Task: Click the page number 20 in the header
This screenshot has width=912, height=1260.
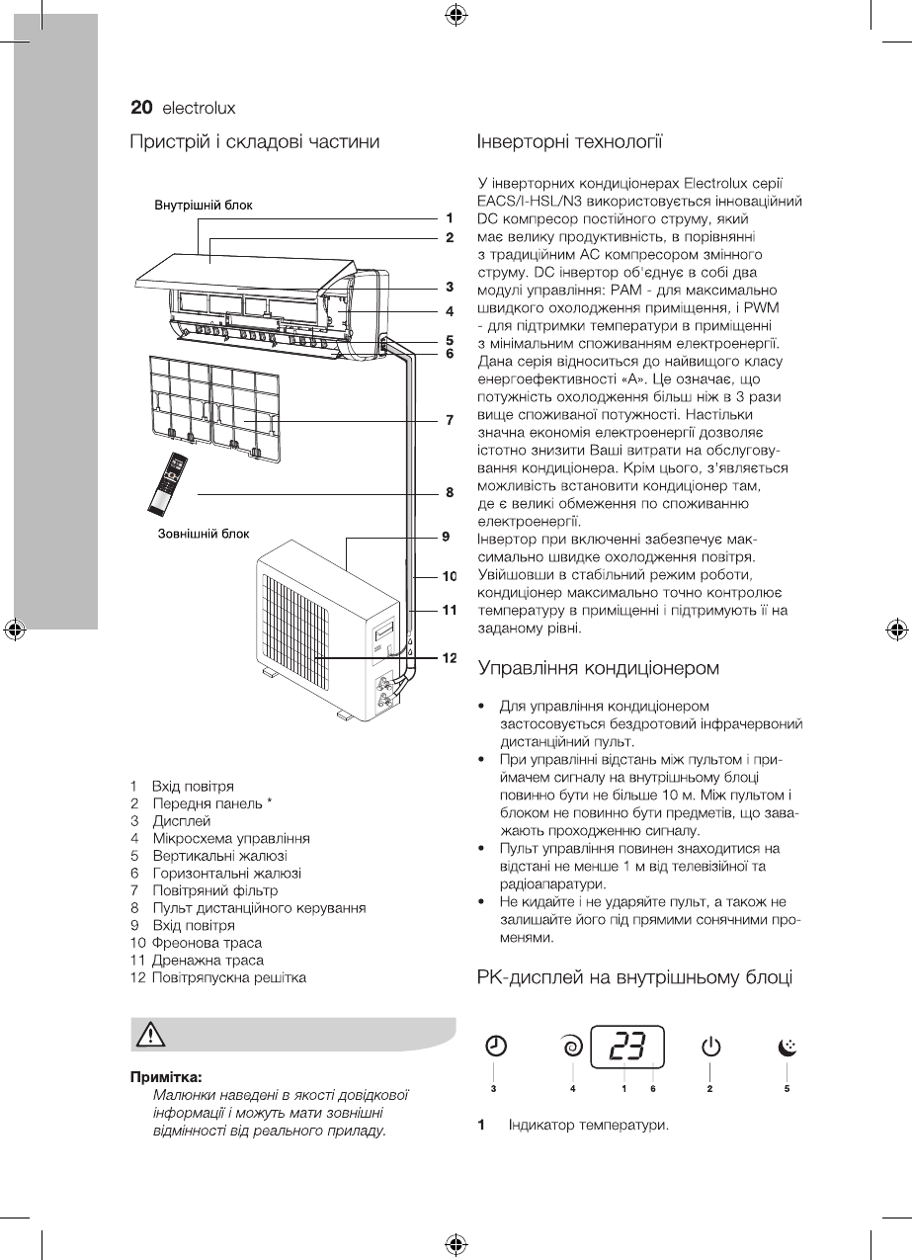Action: (x=141, y=108)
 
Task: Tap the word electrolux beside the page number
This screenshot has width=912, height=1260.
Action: (x=199, y=108)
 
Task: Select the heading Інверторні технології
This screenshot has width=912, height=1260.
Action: (x=569, y=141)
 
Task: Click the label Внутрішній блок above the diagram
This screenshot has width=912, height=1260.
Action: (x=204, y=206)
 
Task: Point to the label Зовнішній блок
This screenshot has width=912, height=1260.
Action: (x=204, y=534)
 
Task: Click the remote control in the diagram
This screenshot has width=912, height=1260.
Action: (x=168, y=483)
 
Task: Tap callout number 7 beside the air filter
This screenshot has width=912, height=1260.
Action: (x=449, y=419)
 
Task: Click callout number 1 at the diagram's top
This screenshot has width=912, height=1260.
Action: (x=449, y=217)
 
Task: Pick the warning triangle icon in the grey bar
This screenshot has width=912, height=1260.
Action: (x=149, y=1034)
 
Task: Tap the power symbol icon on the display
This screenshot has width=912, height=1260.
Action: (x=710, y=1046)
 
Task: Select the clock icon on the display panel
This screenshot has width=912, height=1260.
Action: (x=496, y=1046)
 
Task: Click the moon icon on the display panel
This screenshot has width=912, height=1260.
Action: (x=787, y=1046)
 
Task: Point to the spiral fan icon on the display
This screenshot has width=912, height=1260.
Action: (x=571, y=1046)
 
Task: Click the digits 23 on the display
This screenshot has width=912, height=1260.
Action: (x=626, y=1046)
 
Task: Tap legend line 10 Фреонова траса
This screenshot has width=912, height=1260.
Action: (x=196, y=942)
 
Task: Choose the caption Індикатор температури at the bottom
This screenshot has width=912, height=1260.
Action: (x=589, y=1126)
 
